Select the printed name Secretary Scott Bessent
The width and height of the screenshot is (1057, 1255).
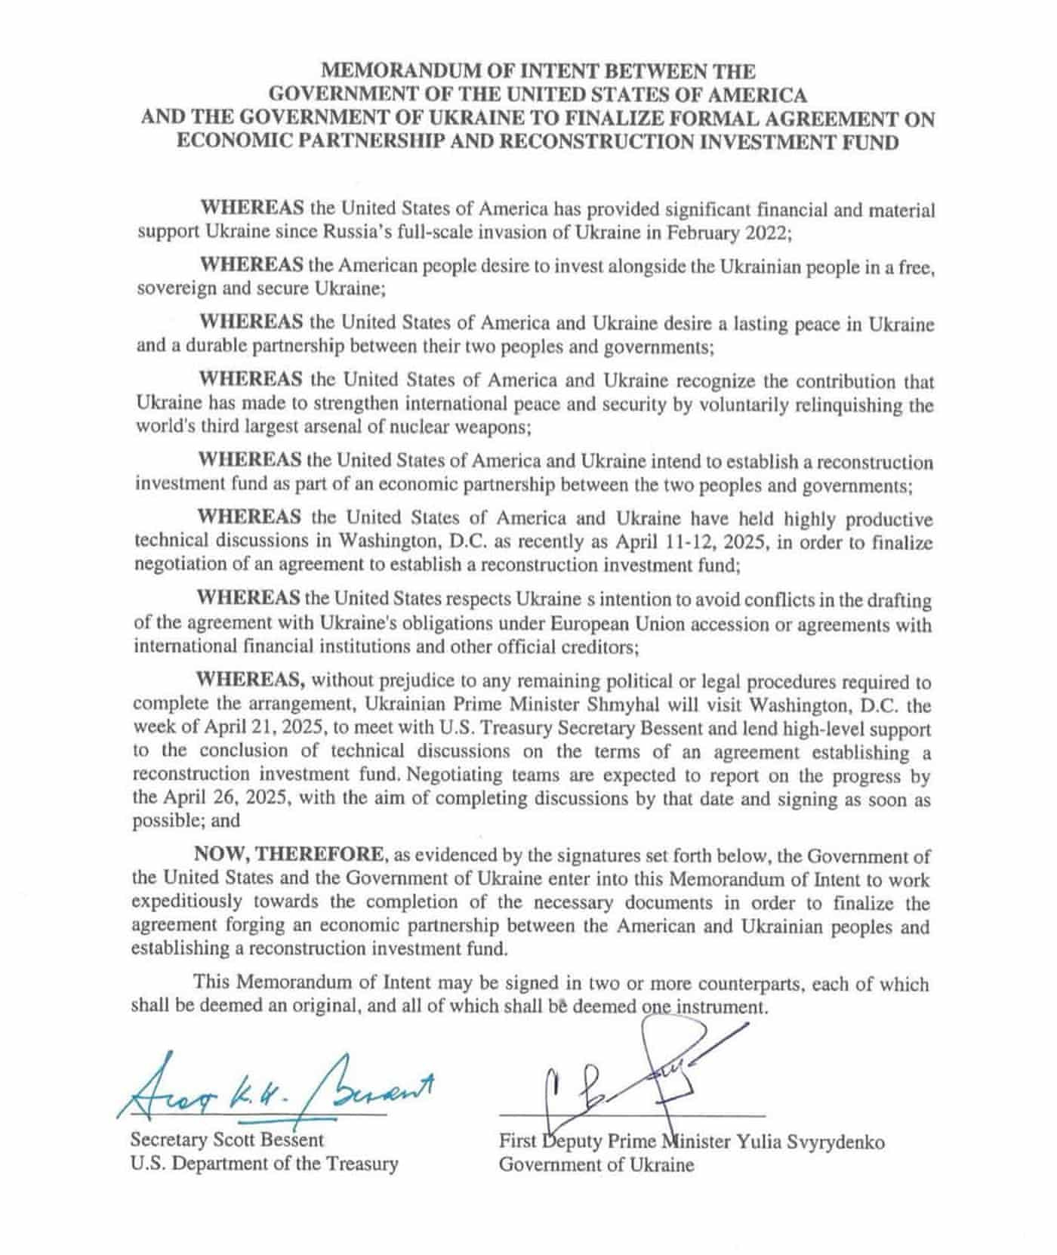tap(227, 1139)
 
